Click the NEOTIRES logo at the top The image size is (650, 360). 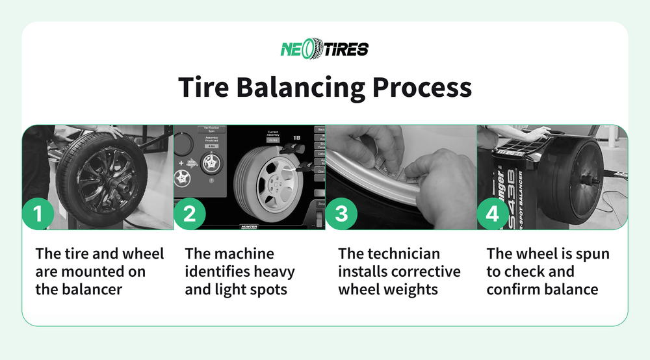[324, 49]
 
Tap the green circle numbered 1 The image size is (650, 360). [38, 214]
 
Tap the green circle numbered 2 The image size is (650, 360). [189, 214]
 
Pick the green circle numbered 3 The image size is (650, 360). [341, 214]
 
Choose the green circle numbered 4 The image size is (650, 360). [493, 214]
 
